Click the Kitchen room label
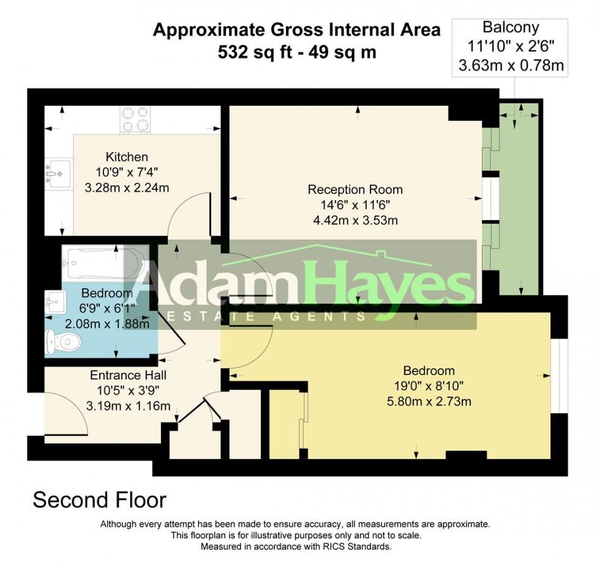[127, 157]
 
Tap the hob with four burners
[135, 120]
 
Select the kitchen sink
[58, 173]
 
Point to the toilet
[62, 342]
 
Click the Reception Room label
[355, 190]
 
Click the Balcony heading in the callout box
[511, 27]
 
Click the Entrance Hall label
[128, 375]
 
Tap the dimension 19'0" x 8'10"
[429, 385]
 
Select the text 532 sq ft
[253, 52]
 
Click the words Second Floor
[99, 500]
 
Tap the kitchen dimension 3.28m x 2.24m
[127, 188]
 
